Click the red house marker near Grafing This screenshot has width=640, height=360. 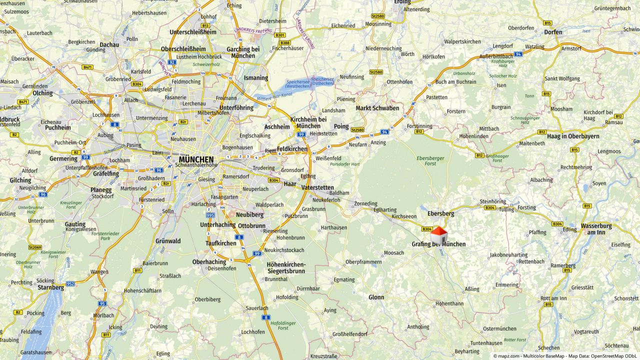click(438, 234)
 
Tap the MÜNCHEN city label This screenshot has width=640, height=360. click(196, 159)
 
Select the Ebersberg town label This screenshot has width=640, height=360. click(440, 213)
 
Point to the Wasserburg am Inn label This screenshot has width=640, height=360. click(596, 229)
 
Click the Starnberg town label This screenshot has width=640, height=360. click(50, 287)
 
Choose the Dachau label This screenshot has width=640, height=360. click(109, 44)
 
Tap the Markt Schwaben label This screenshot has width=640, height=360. click(377, 108)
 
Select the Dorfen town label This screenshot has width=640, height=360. click(553, 32)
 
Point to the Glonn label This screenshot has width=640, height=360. click(376, 297)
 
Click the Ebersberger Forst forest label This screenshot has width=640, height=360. click(430, 161)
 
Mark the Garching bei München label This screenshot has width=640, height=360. click(243, 52)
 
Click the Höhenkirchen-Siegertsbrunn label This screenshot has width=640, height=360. click(285, 267)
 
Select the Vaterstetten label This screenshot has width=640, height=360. click(317, 187)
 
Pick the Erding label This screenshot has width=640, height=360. click(402, 2)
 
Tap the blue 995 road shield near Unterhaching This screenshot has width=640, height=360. click(210, 215)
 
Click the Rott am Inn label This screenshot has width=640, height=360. click(553, 298)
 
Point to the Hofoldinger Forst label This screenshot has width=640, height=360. click(283, 325)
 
